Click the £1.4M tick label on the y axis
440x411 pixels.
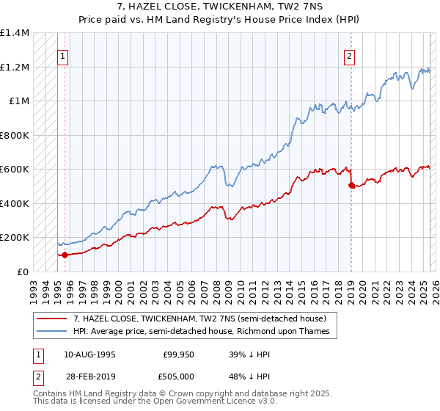(15, 33)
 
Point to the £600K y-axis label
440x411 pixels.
(15, 170)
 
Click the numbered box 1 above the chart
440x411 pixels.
(63, 56)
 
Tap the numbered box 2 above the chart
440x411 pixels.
(350, 56)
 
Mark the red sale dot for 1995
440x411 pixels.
(65, 255)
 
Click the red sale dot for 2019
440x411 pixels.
(351, 186)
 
